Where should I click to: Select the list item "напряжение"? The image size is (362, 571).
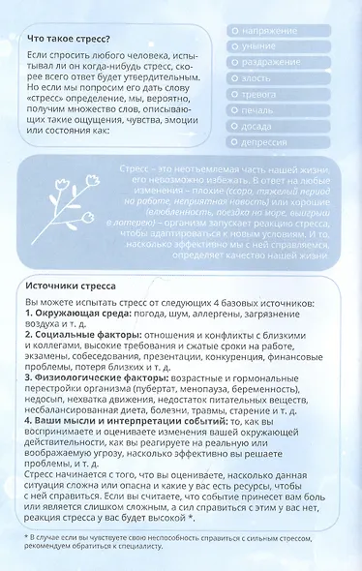(269, 31)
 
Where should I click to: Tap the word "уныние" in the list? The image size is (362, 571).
(259, 46)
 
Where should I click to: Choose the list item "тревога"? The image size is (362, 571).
(260, 94)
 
